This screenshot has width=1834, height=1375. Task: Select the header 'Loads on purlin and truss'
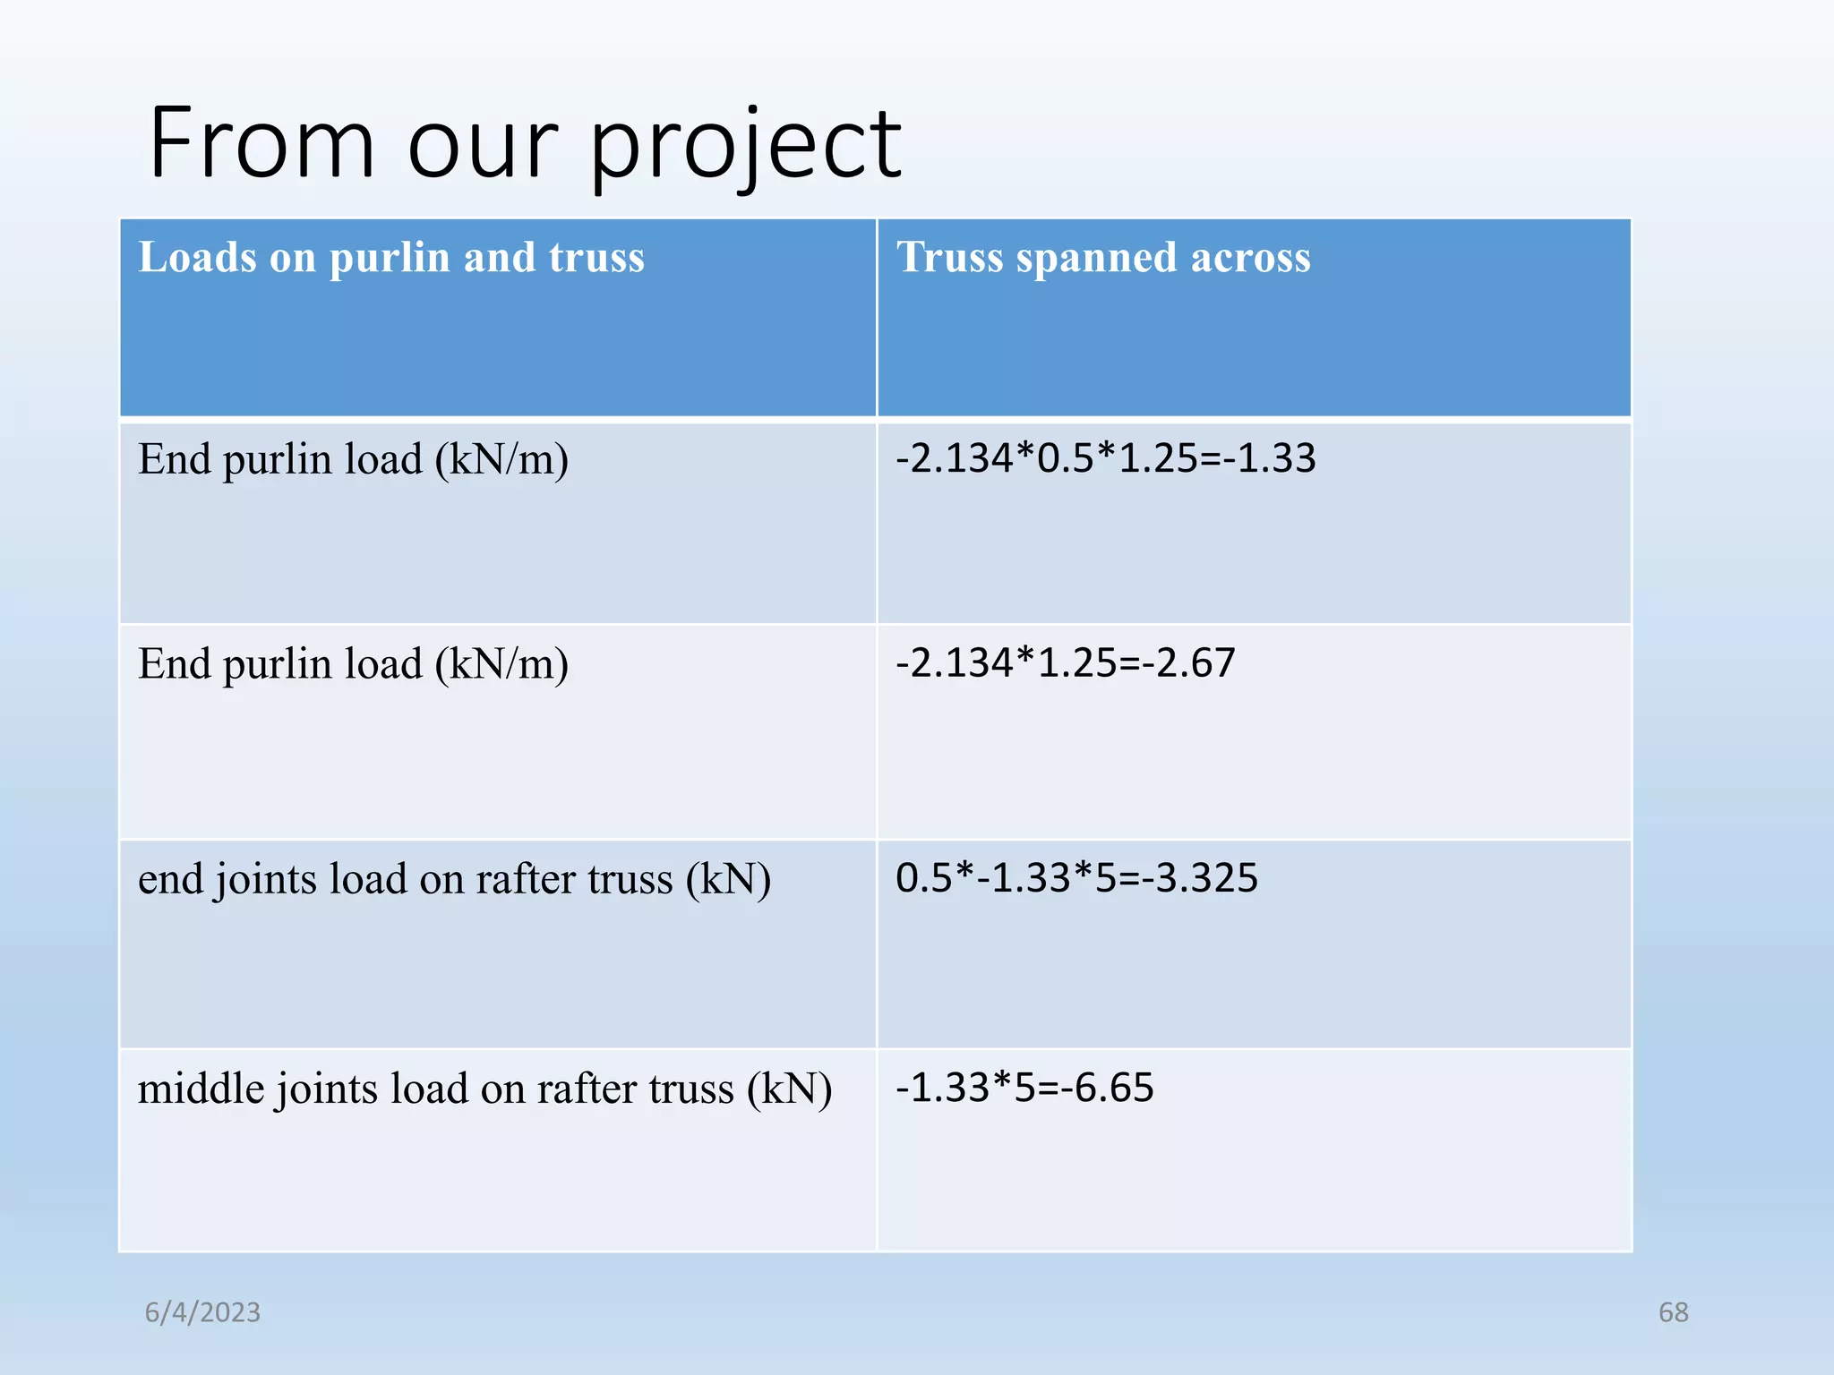[x=391, y=258]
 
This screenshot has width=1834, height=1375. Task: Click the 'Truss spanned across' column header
[x=1103, y=258]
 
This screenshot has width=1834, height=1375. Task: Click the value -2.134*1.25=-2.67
[x=1065, y=663]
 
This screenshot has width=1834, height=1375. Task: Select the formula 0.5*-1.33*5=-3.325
[x=1076, y=878]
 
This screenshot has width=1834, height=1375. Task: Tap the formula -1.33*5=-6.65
[x=1024, y=1088]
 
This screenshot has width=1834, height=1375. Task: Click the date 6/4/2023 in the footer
[x=203, y=1312]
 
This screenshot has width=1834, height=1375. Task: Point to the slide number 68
[x=1673, y=1312]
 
